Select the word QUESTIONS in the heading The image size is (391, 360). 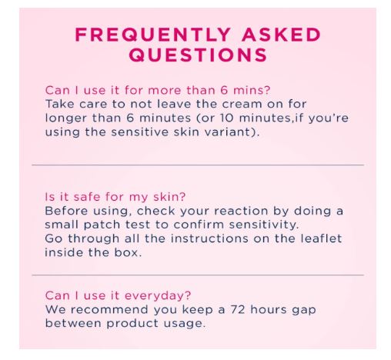197,55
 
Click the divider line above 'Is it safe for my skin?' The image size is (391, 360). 197,165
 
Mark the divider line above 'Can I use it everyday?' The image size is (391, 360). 197,275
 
